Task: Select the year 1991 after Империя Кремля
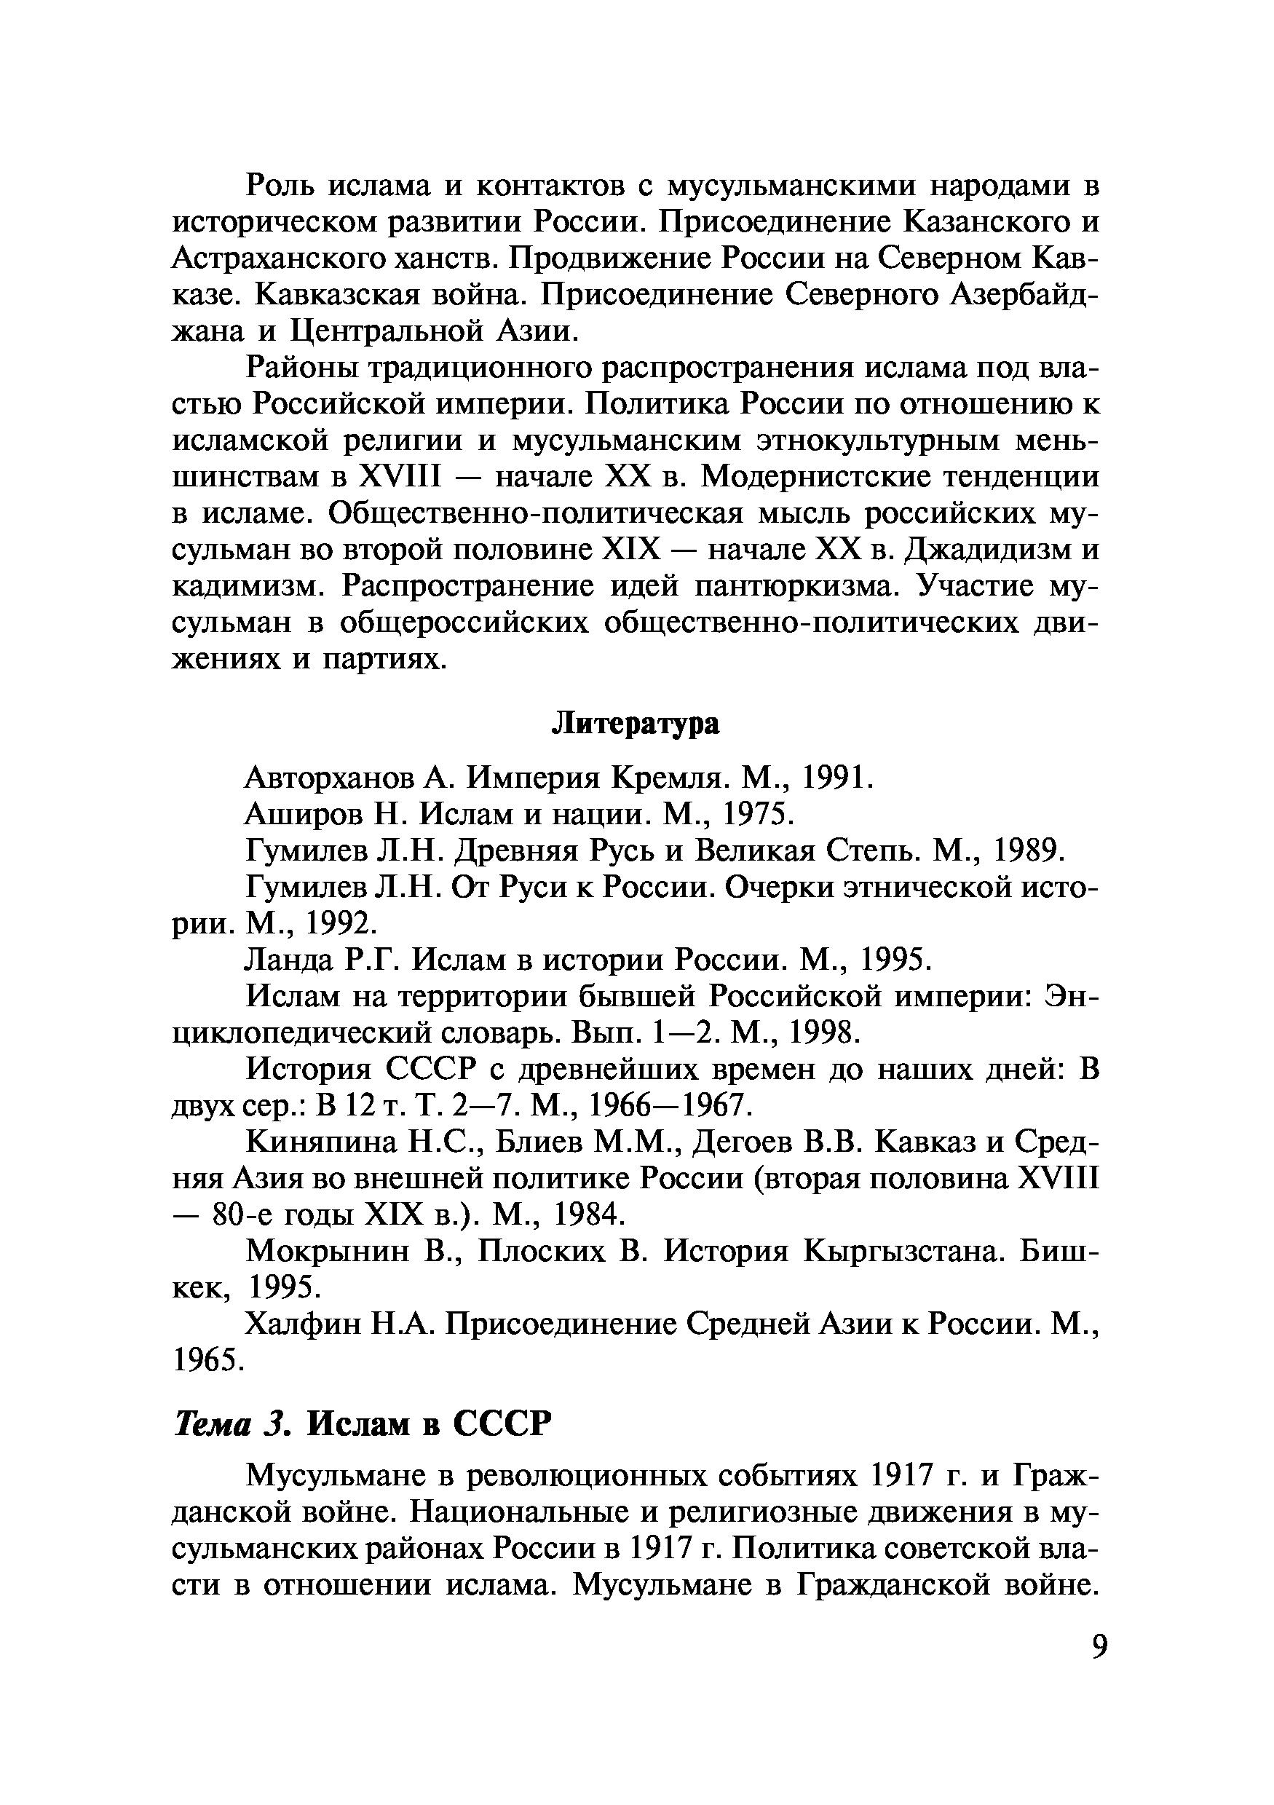836,778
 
